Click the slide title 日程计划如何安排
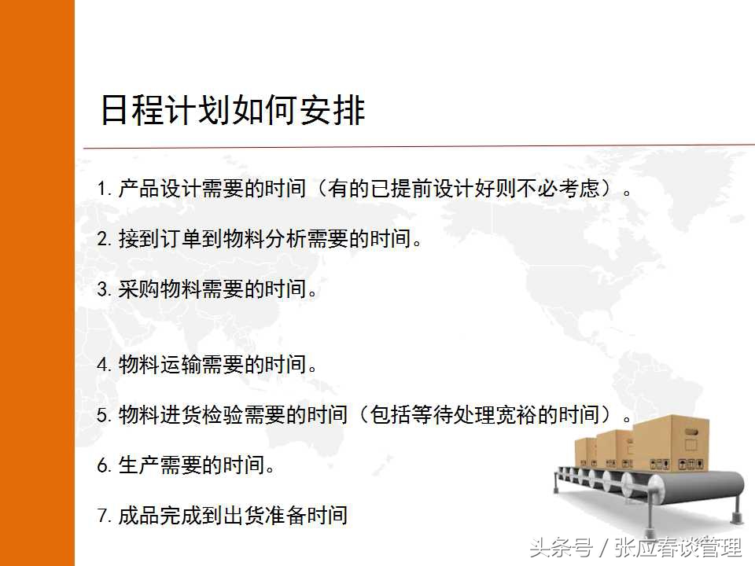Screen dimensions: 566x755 [x=233, y=110]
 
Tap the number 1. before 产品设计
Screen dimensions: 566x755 [x=104, y=189]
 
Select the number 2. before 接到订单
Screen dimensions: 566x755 [x=104, y=240]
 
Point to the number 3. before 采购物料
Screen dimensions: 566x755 [x=104, y=290]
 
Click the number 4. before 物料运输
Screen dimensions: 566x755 [x=104, y=365]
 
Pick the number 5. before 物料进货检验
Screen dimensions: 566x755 [x=104, y=415]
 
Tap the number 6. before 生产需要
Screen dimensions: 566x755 [x=104, y=465]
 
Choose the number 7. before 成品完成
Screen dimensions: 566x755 [x=104, y=516]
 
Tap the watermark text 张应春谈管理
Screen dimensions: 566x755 [x=678, y=546]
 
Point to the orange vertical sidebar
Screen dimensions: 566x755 [x=37, y=283]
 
